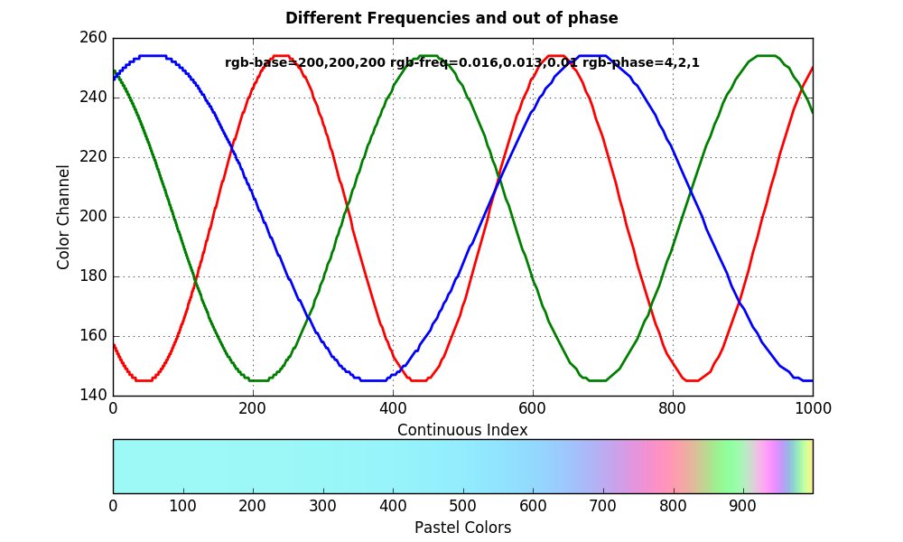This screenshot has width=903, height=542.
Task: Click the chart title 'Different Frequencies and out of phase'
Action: (x=451, y=18)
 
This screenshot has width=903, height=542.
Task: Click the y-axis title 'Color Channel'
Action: (x=64, y=217)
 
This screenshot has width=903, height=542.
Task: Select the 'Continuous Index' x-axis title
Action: (x=462, y=430)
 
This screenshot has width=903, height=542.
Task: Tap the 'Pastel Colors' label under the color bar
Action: (x=462, y=528)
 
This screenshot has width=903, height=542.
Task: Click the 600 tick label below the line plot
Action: (x=533, y=408)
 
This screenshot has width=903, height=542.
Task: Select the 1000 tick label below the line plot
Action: (x=813, y=408)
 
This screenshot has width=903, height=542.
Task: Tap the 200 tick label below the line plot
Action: (x=253, y=408)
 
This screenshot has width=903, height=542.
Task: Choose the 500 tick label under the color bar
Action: (x=462, y=506)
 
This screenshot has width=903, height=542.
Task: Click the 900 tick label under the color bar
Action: (x=742, y=506)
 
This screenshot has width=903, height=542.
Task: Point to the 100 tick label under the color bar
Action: (x=182, y=506)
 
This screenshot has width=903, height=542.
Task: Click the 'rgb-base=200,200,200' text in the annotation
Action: (x=305, y=63)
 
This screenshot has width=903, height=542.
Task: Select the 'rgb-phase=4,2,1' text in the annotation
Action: (x=641, y=63)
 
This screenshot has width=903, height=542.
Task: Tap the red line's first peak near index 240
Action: (x=281, y=56)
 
